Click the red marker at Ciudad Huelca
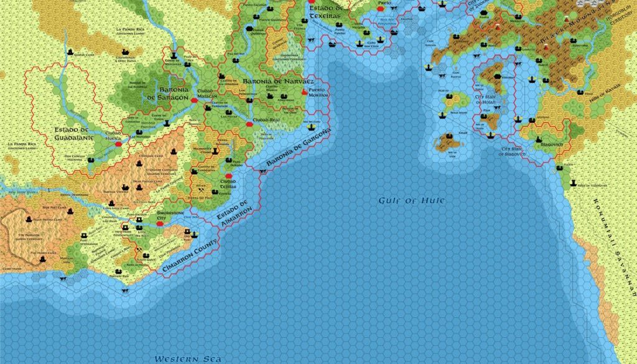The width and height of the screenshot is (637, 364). coord(118,144)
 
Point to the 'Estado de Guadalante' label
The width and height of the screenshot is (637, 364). coord(73,134)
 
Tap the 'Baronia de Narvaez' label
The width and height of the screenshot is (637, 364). coord(277,82)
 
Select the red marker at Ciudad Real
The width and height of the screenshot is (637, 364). coord(249,124)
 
